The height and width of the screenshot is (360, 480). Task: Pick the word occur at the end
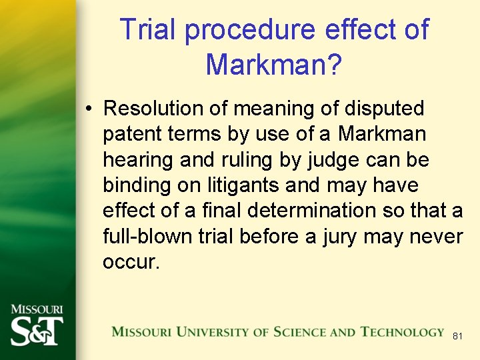pyautogui.click(x=129, y=262)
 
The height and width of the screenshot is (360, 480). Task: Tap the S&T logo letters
pyautogui.click(x=37, y=331)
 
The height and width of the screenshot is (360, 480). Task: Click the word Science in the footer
pyautogui.click(x=295, y=332)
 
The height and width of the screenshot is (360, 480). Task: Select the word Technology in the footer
pyautogui.click(x=402, y=332)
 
